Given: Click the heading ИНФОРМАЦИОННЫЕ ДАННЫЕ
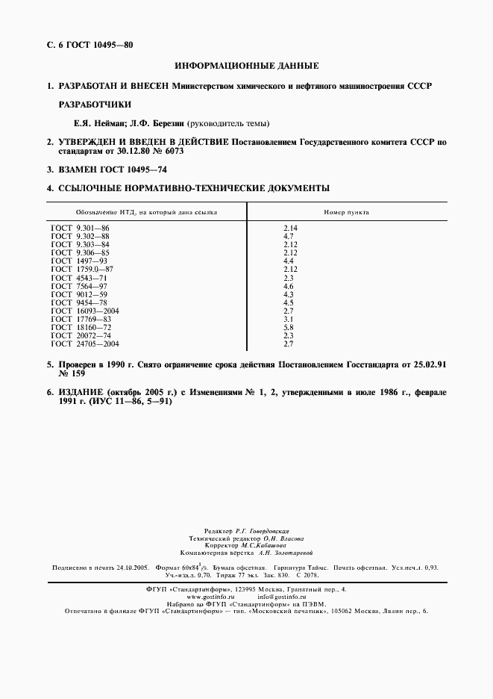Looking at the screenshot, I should (246, 66).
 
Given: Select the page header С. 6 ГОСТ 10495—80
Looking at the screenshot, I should (90, 45).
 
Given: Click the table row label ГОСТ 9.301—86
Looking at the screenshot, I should (80, 227).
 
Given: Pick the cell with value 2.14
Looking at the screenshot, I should (291, 227).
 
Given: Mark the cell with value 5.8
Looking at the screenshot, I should (289, 327).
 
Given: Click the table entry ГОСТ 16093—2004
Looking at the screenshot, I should (84, 311).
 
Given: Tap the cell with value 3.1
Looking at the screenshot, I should (289, 319).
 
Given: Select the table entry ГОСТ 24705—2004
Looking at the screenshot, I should (84, 344).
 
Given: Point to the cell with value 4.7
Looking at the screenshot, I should (289, 235).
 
